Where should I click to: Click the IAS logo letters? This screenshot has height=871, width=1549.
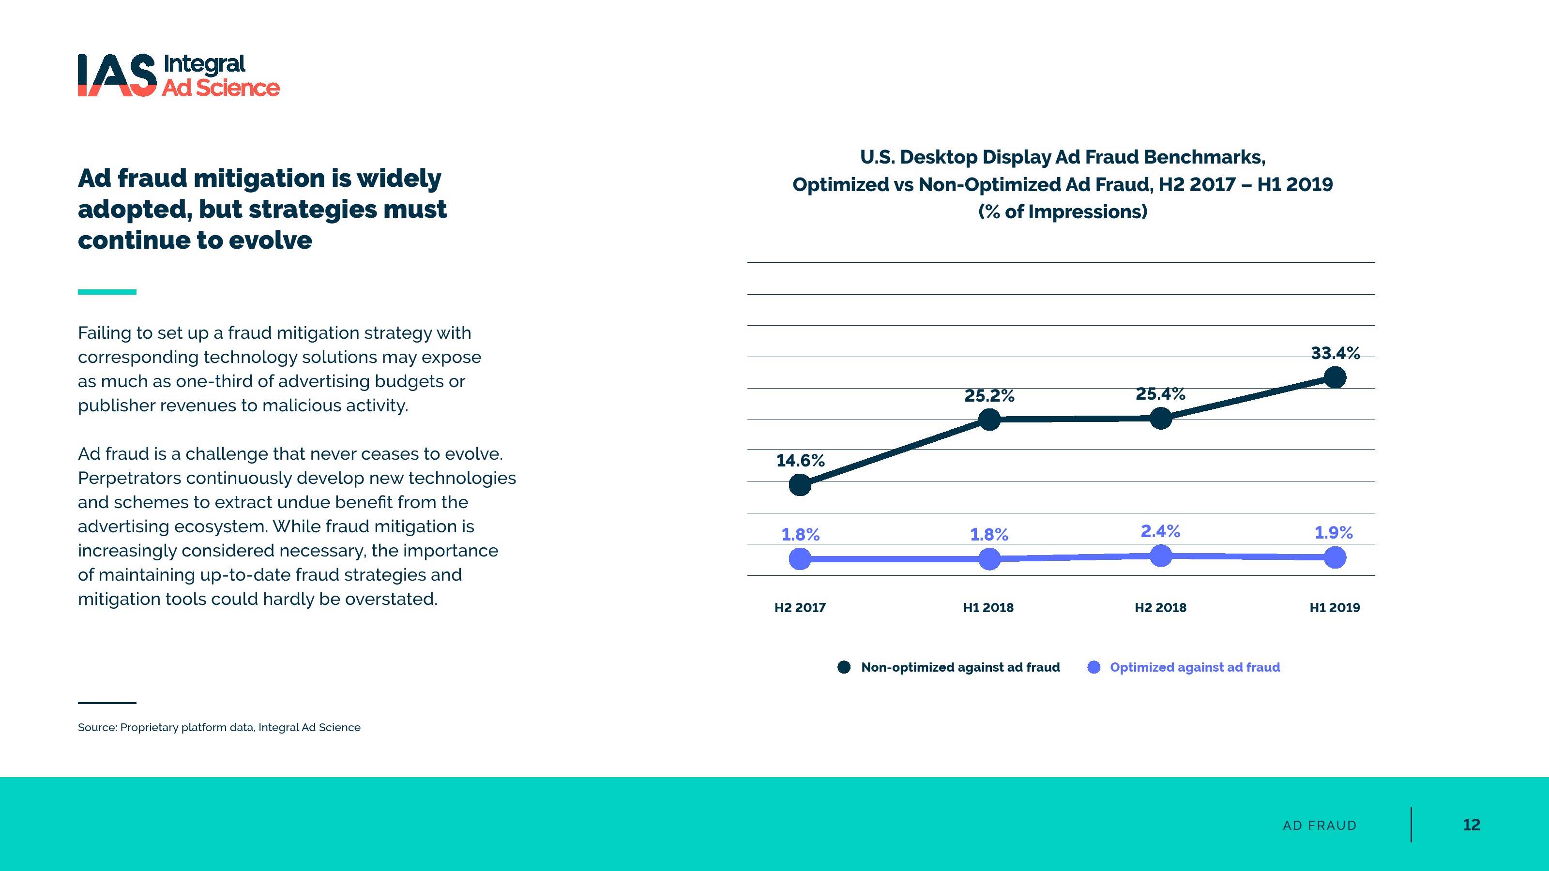click(x=117, y=75)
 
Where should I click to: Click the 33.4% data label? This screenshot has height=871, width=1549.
click(x=1335, y=353)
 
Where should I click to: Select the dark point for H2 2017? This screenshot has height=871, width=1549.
click(x=800, y=484)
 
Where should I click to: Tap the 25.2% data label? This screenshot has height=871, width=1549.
click(x=989, y=395)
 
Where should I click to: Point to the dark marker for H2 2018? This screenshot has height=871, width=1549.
click(x=1161, y=419)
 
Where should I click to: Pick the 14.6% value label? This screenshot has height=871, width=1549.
click(x=800, y=461)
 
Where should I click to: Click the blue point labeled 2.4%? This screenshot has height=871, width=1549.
click(x=1161, y=556)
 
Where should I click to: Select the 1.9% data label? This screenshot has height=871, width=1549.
click(x=1333, y=533)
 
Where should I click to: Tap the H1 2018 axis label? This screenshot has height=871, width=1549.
click(x=988, y=608)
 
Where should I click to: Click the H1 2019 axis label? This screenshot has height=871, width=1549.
click(x=1335, y=608)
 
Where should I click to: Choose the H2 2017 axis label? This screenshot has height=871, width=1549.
click(x=800, y=608)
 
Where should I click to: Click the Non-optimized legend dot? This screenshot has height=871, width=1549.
click(x=844, y=667)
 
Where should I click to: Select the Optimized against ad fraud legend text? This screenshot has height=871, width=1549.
click(x=1194, y=667)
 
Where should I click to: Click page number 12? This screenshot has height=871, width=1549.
click(x=1471, y=825)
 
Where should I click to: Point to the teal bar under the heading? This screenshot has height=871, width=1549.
click(x=107, y=292)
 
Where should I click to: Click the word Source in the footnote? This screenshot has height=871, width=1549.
click(x=96, y=727)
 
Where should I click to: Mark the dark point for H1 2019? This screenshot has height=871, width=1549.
click(x=1335, y=377)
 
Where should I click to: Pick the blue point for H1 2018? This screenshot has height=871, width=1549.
click(x=989, y=559)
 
